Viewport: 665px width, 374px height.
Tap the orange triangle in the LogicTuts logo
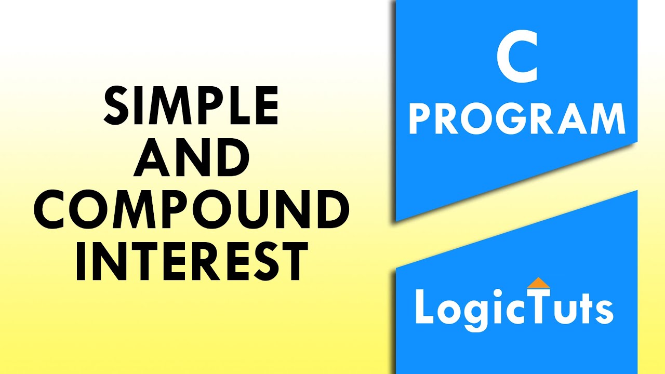click(538, 283)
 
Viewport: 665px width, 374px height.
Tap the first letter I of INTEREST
click(82, 263)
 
